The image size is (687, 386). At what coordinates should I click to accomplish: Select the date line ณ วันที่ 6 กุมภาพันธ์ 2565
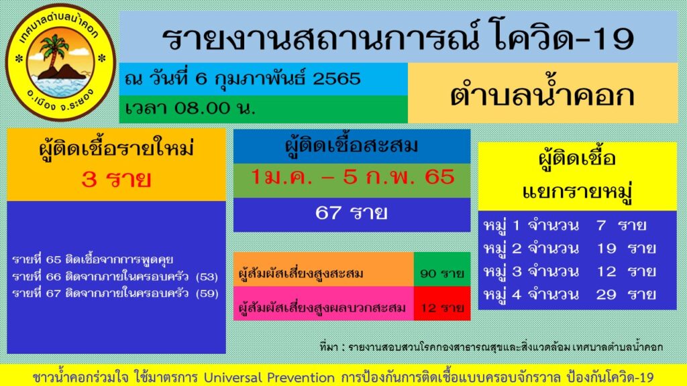(x=243, y=78)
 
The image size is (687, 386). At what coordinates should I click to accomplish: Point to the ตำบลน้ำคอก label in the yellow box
(x=541, y=94)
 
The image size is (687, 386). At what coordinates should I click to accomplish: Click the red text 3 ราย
(x=116, y=180)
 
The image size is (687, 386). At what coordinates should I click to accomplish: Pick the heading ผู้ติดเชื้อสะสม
(x=352, y=145)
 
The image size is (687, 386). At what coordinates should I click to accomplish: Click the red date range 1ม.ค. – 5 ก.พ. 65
(x=352, y=178)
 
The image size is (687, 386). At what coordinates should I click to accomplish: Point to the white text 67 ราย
(x=352, y=214)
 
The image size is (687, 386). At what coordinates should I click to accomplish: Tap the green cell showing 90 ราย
(x=441, y=273)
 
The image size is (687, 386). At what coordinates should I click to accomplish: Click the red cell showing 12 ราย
(x=441, y=308)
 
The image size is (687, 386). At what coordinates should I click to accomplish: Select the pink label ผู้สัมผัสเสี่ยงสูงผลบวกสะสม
(x=322, y=308)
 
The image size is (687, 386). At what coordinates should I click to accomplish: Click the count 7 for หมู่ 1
(x=600, y=224)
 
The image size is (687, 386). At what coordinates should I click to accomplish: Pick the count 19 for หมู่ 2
(x=606, y=248)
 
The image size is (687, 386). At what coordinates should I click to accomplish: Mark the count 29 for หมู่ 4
(x=606, y=294)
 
